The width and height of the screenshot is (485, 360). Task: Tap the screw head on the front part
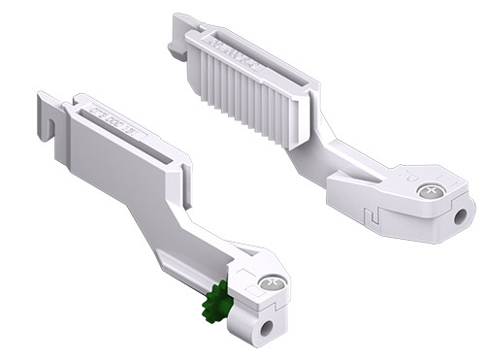(x=271, y=282)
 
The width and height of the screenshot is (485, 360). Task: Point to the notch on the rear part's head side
(x=366, y=207)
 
